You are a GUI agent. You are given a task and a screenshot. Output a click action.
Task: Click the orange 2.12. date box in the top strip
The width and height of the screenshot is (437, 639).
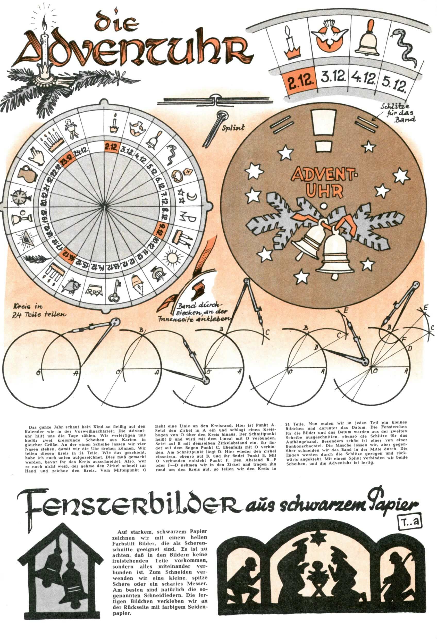coord(301,81)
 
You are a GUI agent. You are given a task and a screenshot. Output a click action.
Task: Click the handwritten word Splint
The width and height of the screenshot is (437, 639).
coord(233,128)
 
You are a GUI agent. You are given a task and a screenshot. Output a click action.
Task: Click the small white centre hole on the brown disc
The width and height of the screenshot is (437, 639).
coord(324,205)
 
